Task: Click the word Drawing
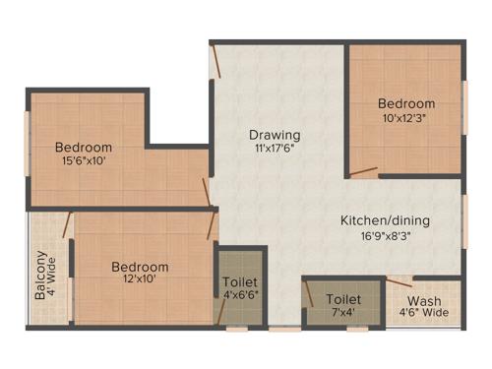275,135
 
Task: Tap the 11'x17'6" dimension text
275,150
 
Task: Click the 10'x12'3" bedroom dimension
406,118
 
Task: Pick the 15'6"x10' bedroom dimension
83,163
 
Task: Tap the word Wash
424,301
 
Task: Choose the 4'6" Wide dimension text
424,314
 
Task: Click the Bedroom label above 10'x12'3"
406,103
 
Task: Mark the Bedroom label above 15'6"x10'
83,149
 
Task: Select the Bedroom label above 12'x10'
139,267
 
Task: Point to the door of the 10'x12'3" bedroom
363,173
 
